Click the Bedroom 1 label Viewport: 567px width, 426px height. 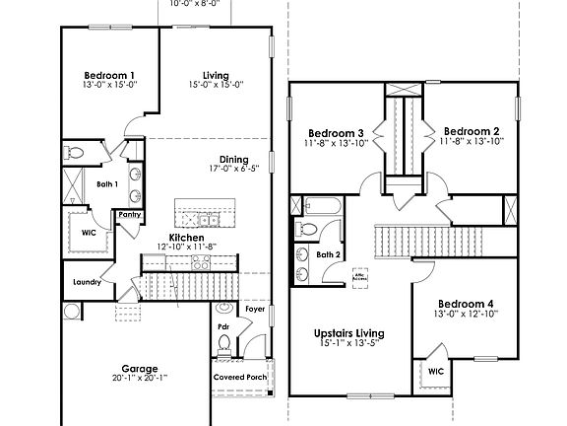(109, 76)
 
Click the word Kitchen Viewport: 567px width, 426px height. (186, 238)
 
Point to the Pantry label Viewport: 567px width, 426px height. (129, 214)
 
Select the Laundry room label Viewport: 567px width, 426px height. (88, 283)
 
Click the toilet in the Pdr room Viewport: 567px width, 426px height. (224, 343)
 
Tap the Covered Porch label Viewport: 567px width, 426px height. (240, 377)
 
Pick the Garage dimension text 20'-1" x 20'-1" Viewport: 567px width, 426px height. (140, 379)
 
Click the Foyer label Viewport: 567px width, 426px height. (255, 308)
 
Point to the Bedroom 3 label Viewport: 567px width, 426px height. (336, 133)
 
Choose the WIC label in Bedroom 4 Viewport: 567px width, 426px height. (435, 372)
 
